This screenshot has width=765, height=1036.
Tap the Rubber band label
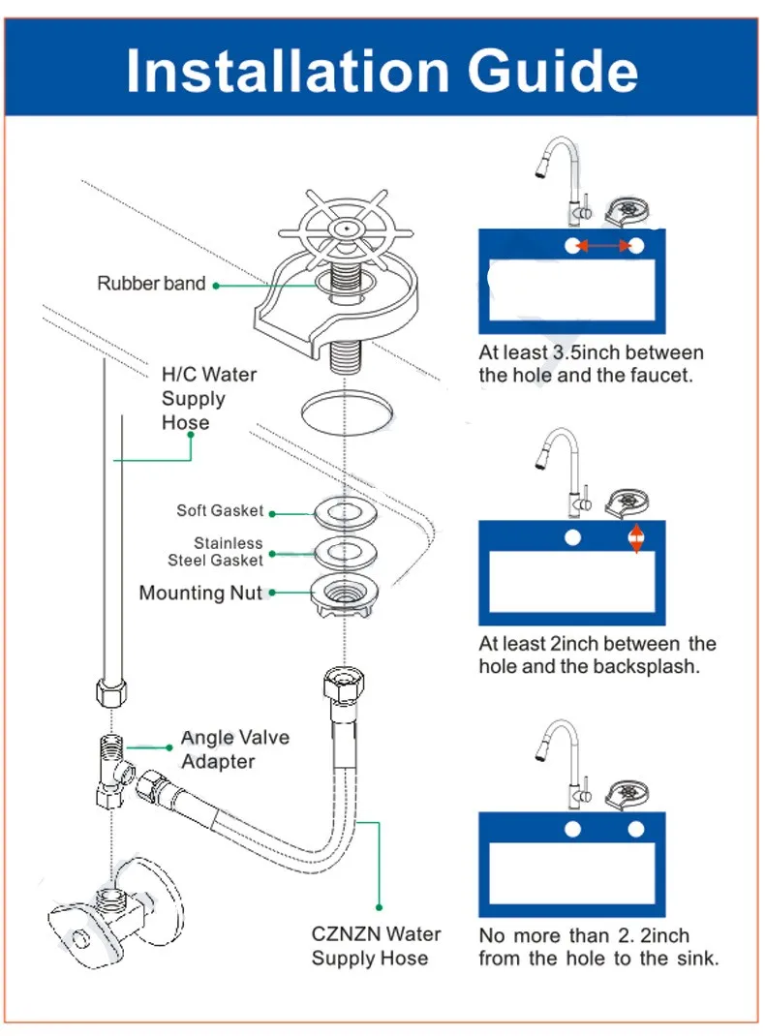click(x=151, y=284)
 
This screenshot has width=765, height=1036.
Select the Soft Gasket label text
click(x=220, y=510)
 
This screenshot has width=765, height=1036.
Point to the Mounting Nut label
click(x=200, y=593)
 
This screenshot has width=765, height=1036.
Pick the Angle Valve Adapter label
click(x=234, y=749)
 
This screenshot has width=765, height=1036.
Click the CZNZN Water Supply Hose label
click(x=376, y=946)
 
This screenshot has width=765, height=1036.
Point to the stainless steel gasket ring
click(x=346, y=551)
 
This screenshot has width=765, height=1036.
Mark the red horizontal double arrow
click(x=604, y=247)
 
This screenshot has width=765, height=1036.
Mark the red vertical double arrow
click(x=635, y=537)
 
